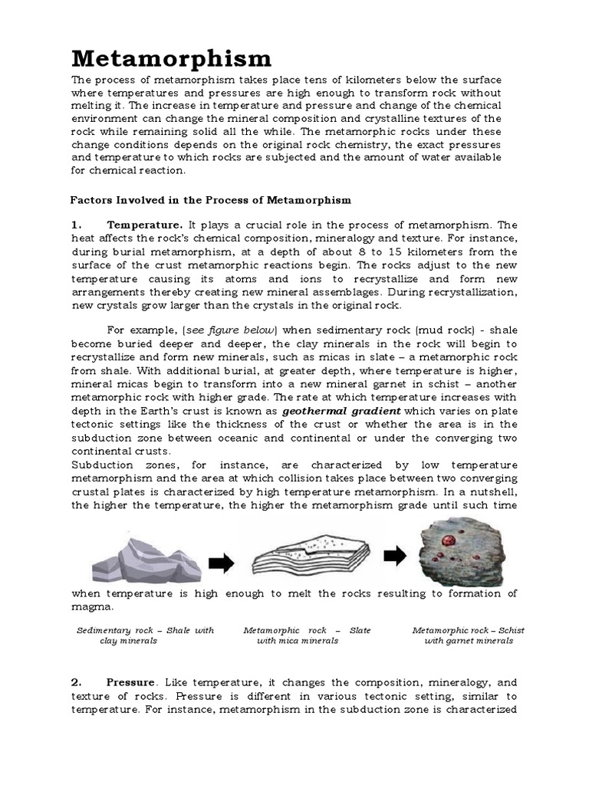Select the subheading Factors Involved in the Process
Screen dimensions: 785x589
click(211, 200)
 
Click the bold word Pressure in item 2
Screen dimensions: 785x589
click(132, 682)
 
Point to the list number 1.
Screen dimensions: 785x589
click(76, 225)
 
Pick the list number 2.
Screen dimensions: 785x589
click(76, 682)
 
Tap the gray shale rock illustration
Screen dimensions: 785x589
click(146, 561)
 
